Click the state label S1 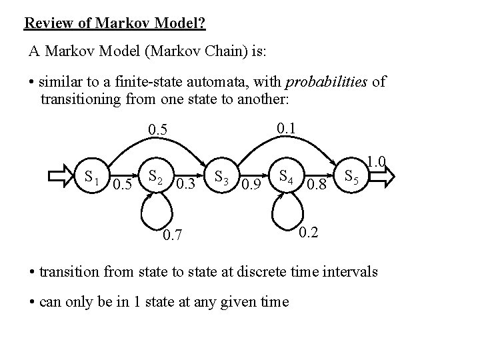coord(92,178)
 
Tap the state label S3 coord(222,178)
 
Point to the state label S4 coord(287,178)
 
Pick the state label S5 coord(351,178)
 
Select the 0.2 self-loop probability coord(309,233)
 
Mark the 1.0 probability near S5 coord(377,161)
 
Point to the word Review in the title coord(46,24)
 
